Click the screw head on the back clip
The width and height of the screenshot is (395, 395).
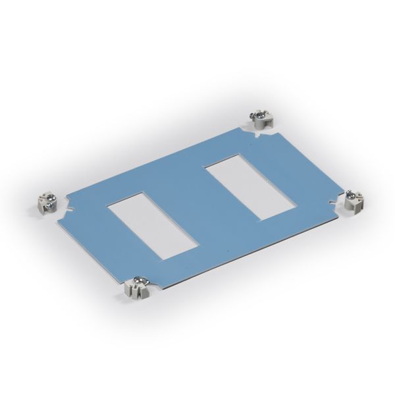(259, 115)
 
